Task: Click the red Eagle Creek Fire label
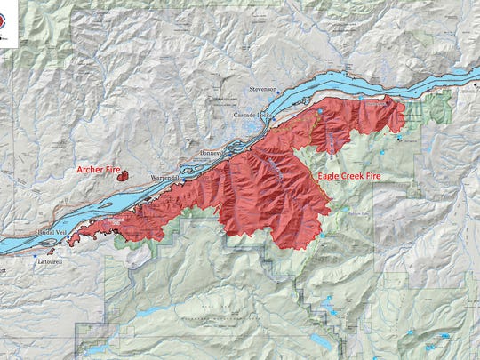355,177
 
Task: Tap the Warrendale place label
164,179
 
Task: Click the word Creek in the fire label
357,177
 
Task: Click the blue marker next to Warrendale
183,172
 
